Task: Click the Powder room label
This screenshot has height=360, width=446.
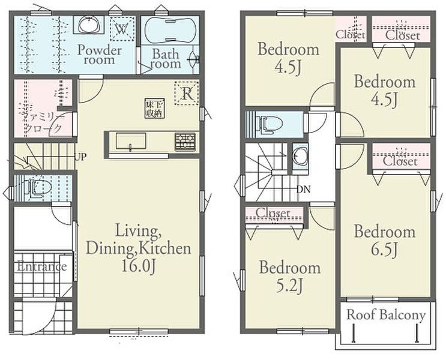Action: (x=100, y=55)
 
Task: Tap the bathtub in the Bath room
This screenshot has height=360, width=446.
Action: (x=170, y=30)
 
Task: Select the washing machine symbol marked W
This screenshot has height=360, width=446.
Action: (x=122, y=29)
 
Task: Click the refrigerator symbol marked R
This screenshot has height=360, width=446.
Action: (x=187, y=93)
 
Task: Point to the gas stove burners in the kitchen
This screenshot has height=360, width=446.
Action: (x=185, y=142)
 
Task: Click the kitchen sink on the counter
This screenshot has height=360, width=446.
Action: (x=131, y=141)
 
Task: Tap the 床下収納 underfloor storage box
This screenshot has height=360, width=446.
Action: (x=155, y=108)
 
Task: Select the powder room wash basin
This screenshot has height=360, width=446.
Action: (x=89, y=25)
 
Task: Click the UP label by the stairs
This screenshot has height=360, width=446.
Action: (x=80, y=157)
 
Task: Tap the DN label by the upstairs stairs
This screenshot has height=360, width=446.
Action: (x=304, y=190)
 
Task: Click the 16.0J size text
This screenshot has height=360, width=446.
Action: (x=139, y=267)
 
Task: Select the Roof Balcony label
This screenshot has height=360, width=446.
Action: (x=386, y=315)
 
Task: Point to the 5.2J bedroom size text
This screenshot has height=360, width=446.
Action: (x=289, y=286)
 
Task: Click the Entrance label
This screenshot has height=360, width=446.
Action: (x=42, y=266)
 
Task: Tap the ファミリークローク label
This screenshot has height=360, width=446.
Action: (x=43, y=122)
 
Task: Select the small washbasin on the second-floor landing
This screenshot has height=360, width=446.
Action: (x=300, y=156)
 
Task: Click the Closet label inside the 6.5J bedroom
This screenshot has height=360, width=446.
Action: (x=400, y=161)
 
